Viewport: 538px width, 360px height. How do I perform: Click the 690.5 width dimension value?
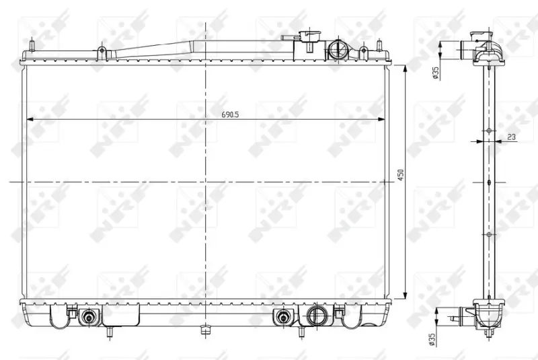tap(230, 114)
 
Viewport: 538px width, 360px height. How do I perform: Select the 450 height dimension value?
tap(400, 175)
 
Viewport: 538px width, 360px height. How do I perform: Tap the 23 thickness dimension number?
tap(511, 137)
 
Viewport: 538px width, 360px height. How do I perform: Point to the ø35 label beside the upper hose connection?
tap(436, 73)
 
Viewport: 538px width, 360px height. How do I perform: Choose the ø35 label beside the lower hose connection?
tap(432, 339)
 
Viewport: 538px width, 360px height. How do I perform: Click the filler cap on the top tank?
tap(309, 35)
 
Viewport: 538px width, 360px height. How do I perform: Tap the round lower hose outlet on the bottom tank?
tap(315, 316)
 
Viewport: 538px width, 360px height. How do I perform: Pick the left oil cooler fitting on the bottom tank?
tap(89, 318)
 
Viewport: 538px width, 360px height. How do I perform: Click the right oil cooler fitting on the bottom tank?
tap(283, 318)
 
